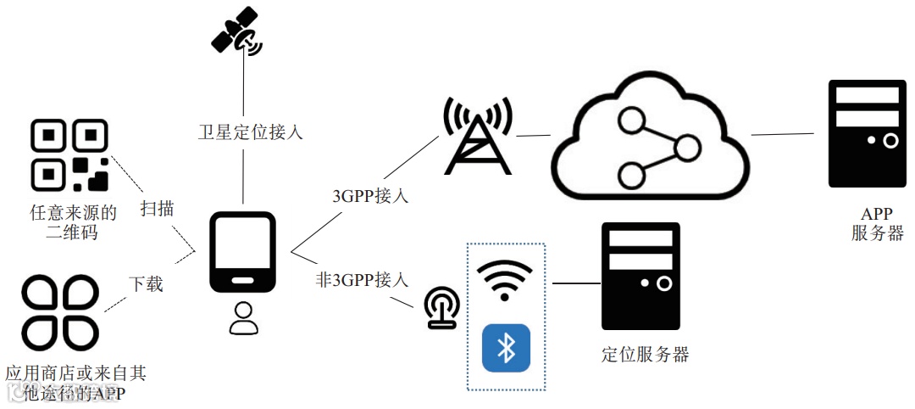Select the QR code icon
[x=69, y=154]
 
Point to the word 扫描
[x=157, y=208]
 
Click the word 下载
[x=146, y=283]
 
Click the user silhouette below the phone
[x=243, y=317]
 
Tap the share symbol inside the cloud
[x=653, y=148]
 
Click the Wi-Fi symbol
[x=505, y=278]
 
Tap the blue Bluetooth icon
[x=506, y=348]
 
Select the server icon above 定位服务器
[x=640, y=276]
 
